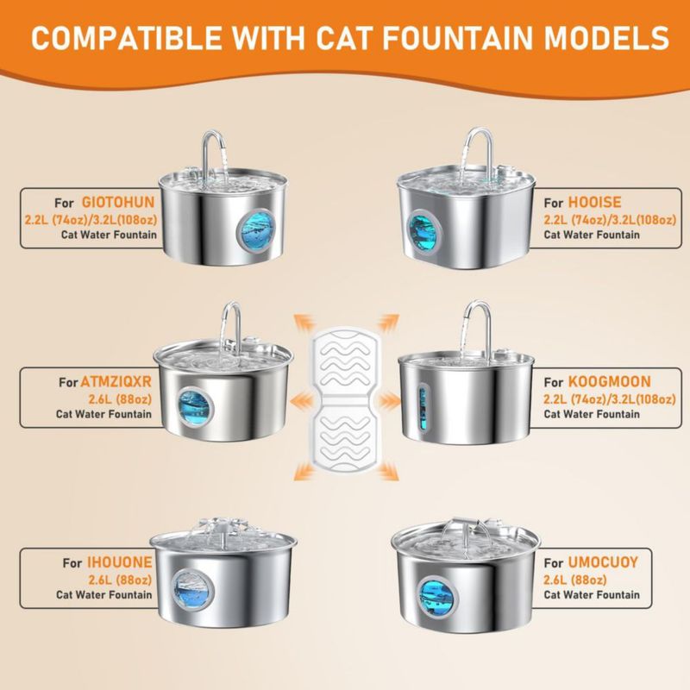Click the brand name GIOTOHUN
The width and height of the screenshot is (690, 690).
pyautogui.click(x=118, y=202)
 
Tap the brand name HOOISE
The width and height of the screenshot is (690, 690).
pyautogui.click(x=594, y=202)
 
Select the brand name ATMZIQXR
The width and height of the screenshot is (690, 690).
pyautogui.click(x=116, y=381)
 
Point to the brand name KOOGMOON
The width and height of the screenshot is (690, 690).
pyautogui.click(x=609, y=381)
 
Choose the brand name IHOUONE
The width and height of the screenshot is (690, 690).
pyautogui.click(x=119, y=562)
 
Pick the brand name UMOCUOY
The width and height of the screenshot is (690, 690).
pyautogui.click(x=602, y=562)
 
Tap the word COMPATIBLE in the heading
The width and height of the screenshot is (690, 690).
pyautogui.click(x=126, y=38)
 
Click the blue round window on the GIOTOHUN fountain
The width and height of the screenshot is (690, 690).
pyautogui.click(x=255, y=229)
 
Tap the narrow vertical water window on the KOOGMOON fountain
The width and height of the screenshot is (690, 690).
pyautogui.click(x=423, y=407)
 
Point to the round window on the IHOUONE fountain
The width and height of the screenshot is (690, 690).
pyautogui.click(x=192, y=590)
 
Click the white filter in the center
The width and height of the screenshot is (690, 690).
pyautogui.click(x=345, y=399)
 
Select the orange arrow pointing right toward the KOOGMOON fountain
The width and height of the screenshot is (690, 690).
pyautogui.click(x=389, y=400)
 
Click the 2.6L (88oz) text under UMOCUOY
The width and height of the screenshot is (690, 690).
pyautogui.click(x=575, y=580)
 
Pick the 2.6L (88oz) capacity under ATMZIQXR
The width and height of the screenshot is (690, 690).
pyautogui.click(x=120, y=399)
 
